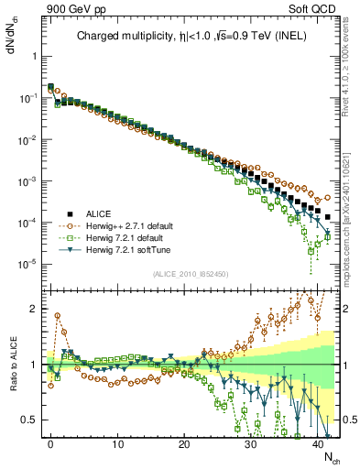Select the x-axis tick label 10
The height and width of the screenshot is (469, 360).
click(117, 442)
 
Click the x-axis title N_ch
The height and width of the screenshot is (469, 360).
click(332, 456)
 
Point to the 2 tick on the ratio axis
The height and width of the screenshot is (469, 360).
click(37, 309)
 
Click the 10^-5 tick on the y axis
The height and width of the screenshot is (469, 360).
click(30, 264)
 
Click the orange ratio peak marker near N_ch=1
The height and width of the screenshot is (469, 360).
click(58, 315)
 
